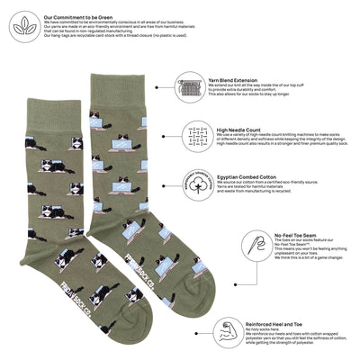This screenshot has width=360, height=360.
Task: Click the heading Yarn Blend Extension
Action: click(237, 77)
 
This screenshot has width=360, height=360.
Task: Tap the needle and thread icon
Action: click(252, 244)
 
